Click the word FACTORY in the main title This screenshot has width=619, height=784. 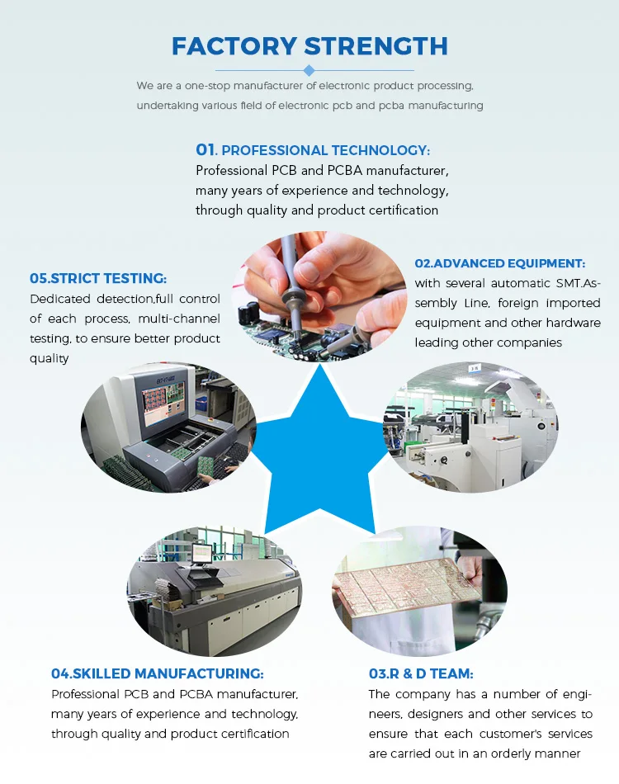(x=234, y=46)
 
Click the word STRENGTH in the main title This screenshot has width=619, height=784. (x=376, y=46)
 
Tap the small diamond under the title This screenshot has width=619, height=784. (x=309, y=70)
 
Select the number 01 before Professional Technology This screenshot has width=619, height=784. (x=206, y=149)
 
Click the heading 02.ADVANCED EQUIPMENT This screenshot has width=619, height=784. (x=500, y=263)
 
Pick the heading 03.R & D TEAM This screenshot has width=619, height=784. (x=421, y=673)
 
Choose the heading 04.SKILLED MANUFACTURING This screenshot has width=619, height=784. (x=157, y=673)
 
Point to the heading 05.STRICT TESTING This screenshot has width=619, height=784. (x=98, y=278)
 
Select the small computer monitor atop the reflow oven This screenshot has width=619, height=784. (x=202, y=554)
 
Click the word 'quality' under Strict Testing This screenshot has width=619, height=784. (x=49, y=358)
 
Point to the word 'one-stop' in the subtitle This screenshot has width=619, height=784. (x=206, y=86)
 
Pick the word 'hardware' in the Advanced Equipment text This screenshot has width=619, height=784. (x=574, y=323)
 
